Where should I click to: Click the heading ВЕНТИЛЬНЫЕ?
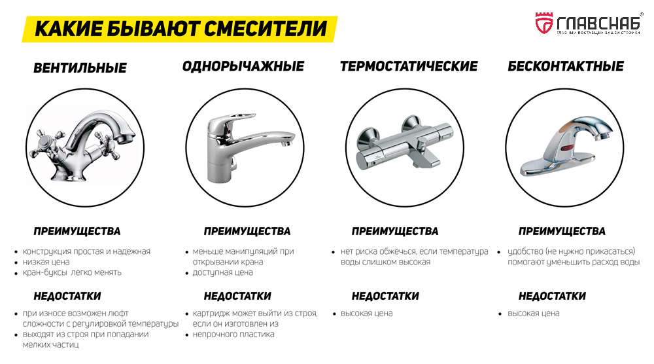(x=80, y=67)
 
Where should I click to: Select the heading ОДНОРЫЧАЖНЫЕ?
(x=243, y=66)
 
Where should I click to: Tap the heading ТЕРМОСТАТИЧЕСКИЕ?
(x=409, y=66)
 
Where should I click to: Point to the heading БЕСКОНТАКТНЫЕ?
(x=566, y=66)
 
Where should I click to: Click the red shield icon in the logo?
(x=543, y=23)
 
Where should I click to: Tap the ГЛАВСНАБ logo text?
(x=596, y=21)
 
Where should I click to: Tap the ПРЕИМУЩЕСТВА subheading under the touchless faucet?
(x=562, y=231)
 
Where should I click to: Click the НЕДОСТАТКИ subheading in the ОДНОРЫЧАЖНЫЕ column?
(x=237, y=296)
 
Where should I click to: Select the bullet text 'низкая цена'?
(x=46, y=262)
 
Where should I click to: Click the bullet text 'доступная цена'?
(x=222, y=272)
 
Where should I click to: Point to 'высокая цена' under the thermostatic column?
(x=366, y=313)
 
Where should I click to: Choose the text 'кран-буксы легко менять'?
(x=72, y=272)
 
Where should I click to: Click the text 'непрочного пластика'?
(x=233, y=334)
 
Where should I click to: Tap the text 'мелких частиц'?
(x=51, y=344)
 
